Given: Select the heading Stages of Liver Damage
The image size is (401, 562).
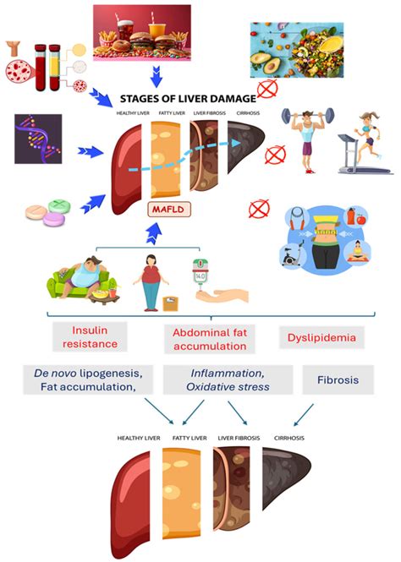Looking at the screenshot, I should pos(188,97).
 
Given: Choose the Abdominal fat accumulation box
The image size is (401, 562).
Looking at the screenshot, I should pos(207,336).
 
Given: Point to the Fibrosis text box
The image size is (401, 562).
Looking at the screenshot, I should pos(338,379).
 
